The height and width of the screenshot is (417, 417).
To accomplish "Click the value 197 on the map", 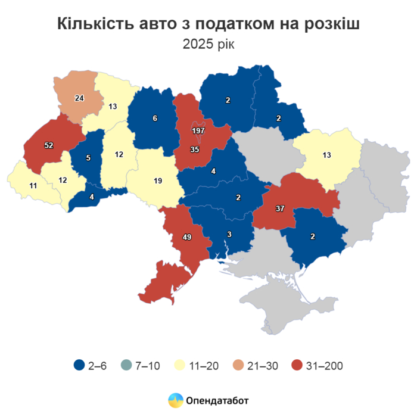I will (x=198, y=130).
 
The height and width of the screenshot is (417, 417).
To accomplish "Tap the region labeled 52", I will (x=49, y=145).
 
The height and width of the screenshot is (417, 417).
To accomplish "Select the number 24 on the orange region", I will (x=79, y=98).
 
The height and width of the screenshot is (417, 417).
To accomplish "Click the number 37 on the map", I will (x=279, y=208).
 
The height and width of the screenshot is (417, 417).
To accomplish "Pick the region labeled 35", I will (x=194, y=150).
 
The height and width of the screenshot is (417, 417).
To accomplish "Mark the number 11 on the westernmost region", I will (x=33, y=185).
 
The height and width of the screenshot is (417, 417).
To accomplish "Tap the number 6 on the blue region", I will (x=155, y=118).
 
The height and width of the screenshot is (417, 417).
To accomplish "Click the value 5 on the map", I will (x=88, y=158).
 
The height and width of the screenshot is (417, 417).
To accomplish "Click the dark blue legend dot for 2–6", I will (x=78, y=365).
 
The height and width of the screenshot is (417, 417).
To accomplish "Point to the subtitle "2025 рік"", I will (x=208, y=44).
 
